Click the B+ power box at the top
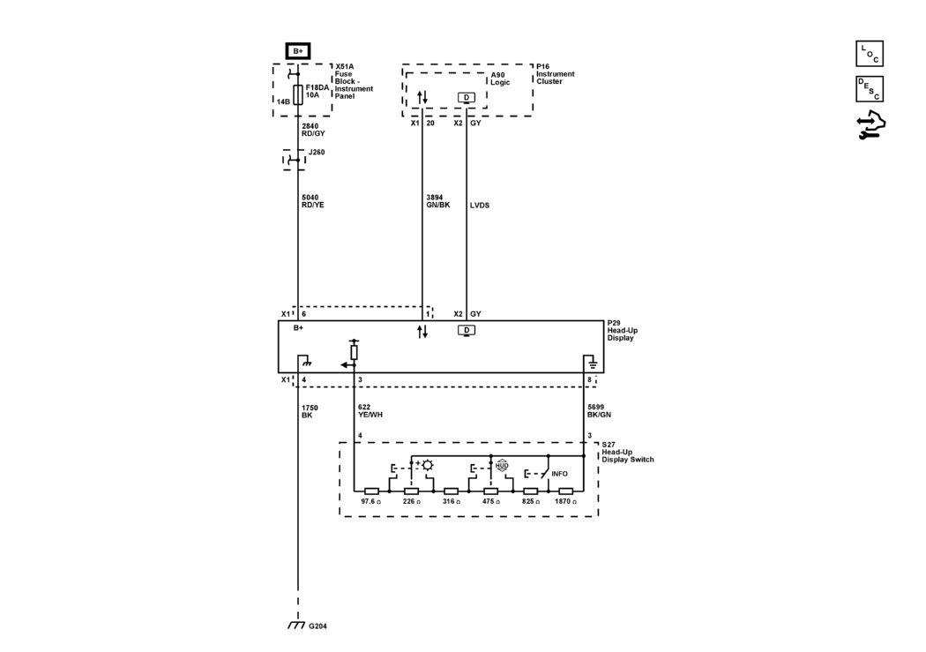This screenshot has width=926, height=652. (298, 51)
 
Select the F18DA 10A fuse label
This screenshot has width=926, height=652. (317, 91)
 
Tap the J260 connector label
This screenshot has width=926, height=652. (317, 153)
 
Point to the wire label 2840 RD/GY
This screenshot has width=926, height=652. (313, 130)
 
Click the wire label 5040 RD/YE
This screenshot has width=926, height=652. (313, 201)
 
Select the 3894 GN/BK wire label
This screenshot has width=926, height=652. (438, 201)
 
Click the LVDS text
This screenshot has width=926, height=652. (480, 206)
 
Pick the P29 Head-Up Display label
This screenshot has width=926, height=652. (623, 331)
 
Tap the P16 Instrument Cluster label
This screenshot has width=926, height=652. (555, 74)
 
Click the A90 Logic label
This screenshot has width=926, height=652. (500, 79)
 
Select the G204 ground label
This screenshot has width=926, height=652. (317, 626)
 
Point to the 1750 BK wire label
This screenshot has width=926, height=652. (310, 412)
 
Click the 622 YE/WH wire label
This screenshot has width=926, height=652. (370, 411)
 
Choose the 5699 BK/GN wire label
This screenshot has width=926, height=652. (599, 411)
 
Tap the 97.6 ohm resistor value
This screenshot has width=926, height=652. (371, 501)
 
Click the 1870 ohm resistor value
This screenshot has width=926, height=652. (566, 501)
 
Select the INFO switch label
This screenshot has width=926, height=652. (559, 474)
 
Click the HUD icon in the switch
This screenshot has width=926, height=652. (502, 466)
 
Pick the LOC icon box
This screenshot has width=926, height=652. (870, 54)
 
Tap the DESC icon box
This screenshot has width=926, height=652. (870, 89)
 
